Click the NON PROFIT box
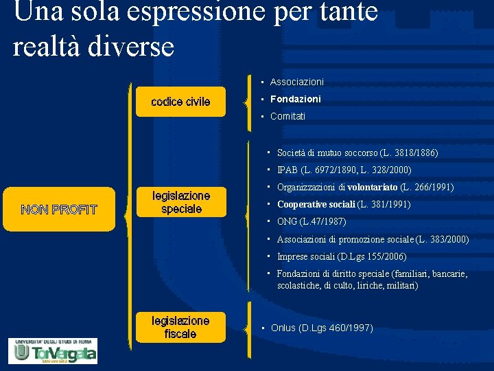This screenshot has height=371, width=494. (x=59, y=209)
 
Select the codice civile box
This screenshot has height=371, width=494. (x=180, y=102)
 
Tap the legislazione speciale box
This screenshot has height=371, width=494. (x=181, y=202)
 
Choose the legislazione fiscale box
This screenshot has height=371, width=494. (x=180, y=327)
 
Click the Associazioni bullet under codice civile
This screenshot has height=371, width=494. (x=296, y=82)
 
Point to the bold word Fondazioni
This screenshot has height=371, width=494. (x=295, y=99)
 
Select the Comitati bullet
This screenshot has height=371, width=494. (x=287, y=116)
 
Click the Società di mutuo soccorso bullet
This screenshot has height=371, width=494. (x=357, y=153)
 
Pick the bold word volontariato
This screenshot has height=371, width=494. (x=373, y=187)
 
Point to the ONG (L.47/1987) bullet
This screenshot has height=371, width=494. (x=311, y=221)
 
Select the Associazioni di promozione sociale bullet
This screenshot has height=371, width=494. (x=373, y=239)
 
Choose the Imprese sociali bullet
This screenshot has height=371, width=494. (x=341, y=256)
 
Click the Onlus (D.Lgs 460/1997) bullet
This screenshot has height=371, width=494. (x=321, y=328)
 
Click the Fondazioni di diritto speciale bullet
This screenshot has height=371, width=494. (x=372, y=279)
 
